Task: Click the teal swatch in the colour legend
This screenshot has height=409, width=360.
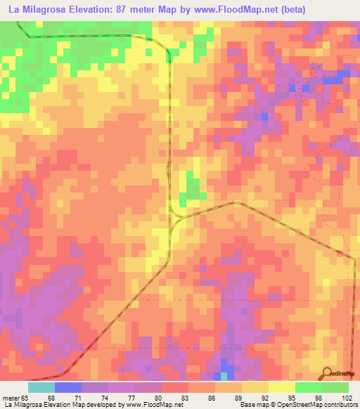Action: click(41, 387)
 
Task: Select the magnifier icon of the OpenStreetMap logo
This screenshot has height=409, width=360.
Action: click(327, 373)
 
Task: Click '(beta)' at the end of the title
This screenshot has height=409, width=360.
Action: click(291, 9)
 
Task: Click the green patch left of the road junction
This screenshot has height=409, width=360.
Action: click(191, 187)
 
